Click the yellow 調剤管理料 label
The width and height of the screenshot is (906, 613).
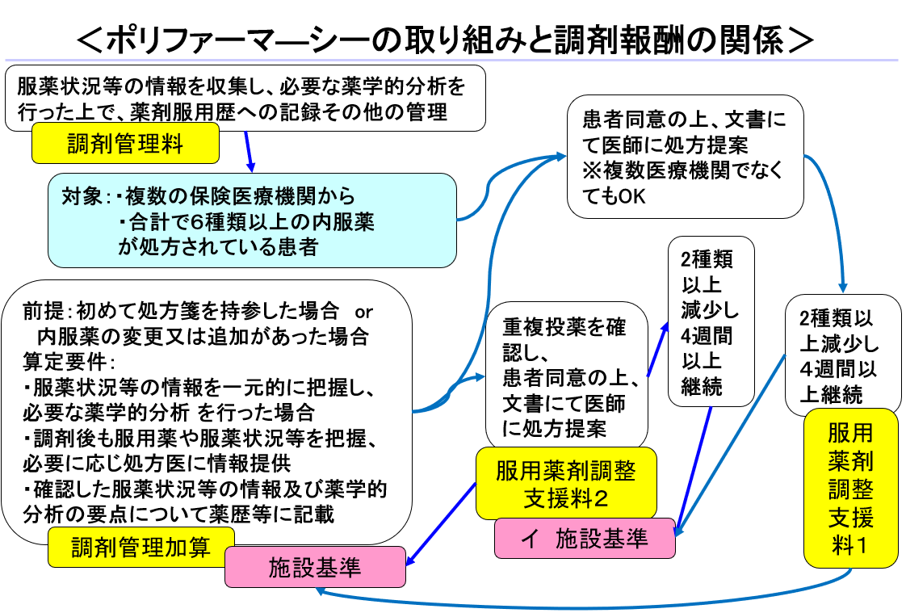coord(125,144)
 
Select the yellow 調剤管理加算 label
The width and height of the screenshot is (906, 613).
coord(141,548)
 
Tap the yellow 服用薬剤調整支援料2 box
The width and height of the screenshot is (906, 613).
coord(565,483)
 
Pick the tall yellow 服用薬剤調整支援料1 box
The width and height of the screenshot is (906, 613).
coord(850,488)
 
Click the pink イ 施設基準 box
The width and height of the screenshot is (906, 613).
coord(585,538)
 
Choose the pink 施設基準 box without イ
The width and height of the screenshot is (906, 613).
coord(315,567)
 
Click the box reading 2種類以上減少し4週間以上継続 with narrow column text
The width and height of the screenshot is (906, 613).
coord(710,321)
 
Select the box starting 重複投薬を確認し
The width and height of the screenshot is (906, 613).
coord(566,375)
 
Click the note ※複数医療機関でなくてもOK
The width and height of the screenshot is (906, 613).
coord(683,183)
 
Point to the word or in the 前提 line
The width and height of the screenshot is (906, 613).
coord(364,311)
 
